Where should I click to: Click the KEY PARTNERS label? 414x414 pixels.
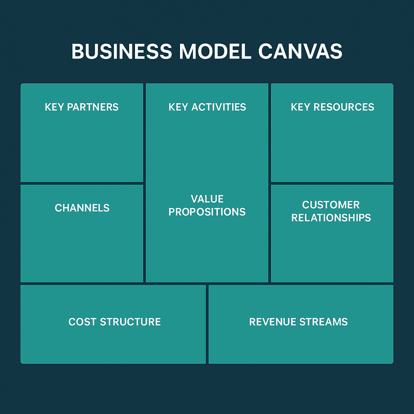81,107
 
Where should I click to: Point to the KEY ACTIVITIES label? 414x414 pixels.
207,107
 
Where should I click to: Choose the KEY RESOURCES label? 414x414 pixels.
332,107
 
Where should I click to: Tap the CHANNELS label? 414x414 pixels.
82,208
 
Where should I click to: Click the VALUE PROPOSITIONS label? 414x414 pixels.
207,205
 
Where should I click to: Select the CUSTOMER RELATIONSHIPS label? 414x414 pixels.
331,211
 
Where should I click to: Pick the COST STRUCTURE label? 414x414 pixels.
114,321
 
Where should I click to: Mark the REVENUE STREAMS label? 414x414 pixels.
298,321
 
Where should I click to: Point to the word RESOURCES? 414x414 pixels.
342,107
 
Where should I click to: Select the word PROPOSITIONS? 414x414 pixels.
207,212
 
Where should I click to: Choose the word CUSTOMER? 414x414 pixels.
331,204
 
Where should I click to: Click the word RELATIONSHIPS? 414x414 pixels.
331,218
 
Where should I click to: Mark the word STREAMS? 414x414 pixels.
324,321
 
